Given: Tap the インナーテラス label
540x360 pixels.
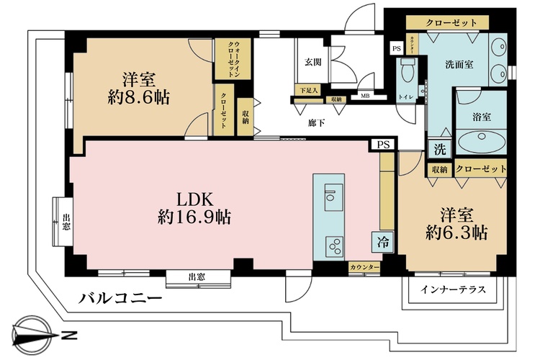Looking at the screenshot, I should coord(453,289).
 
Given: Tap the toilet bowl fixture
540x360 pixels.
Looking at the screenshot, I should coord(408,72).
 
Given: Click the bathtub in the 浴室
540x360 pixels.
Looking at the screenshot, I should coord(480,140).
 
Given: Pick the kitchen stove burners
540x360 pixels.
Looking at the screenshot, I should coord(335,246).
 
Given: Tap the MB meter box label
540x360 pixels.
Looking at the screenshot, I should coord(364,95).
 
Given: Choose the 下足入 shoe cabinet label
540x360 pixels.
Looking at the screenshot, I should coord(307,91).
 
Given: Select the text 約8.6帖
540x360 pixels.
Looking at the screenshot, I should coord(139,97).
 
